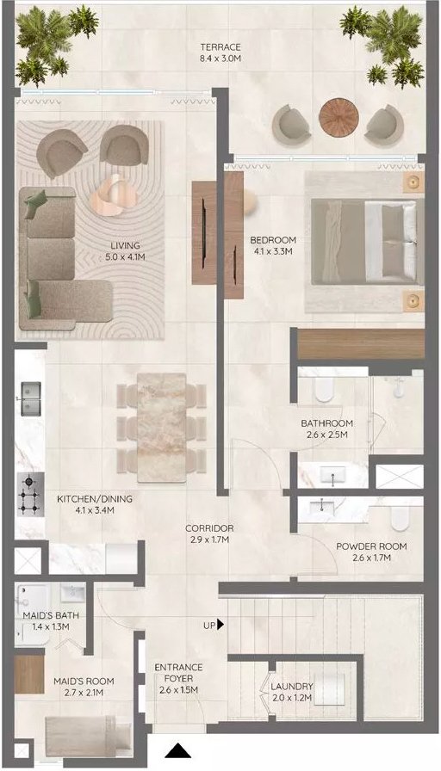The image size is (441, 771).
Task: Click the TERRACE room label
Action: (x=220, y=52)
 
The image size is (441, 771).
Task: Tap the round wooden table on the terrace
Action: (x=339, y=117)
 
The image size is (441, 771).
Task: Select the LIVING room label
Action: (x=125, y=250)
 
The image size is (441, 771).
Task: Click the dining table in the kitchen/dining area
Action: (x=161, y=428)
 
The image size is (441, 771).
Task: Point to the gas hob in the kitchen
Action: (x=30, y=494)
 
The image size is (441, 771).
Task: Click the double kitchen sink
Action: (x=30, y=398)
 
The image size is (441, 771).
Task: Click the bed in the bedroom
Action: (x=367, y=241)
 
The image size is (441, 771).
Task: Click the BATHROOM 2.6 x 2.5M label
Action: (x=326, y=429)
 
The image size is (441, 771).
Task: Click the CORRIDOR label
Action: (x=209, y=534)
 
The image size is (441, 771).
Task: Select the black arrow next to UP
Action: (x=221, y=625)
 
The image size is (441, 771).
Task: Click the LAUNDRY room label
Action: (x=292, y=691)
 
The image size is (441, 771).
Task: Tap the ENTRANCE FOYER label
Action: (x=178, y=673)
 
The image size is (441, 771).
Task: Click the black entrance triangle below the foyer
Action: (x=177, y=750)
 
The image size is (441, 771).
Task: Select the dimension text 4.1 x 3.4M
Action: (x=95, y=510)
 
